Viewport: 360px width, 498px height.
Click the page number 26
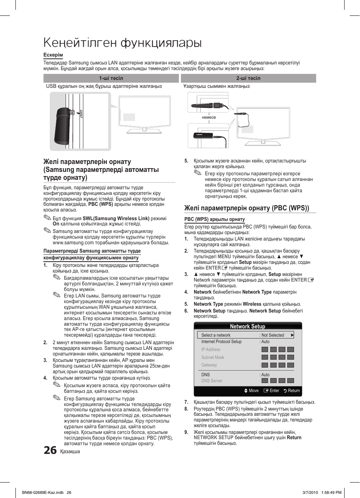(50, 450)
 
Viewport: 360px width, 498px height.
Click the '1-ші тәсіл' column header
(111, 78)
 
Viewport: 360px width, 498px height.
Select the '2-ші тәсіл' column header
(248, 78)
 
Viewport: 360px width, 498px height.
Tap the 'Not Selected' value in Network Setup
(273, 335)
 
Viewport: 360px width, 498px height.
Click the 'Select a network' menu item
(216, 335)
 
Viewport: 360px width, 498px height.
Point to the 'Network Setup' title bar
(248, 326)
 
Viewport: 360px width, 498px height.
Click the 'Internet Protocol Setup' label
(221, 342)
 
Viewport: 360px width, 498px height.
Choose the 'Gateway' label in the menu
(209, 365)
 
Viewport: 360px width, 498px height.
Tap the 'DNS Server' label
(212, 381)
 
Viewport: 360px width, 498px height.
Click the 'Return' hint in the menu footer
(292, 391)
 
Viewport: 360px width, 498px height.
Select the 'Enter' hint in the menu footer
(272, 391)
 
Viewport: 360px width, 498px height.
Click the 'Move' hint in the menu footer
(251, 391)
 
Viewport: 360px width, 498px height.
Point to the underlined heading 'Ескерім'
(53, 55)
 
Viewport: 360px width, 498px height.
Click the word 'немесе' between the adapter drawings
(209, 117)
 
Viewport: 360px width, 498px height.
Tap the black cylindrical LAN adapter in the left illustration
(63, 126)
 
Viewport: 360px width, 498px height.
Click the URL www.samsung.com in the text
(73, 243)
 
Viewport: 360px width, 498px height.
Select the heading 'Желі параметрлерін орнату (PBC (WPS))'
(247, 208)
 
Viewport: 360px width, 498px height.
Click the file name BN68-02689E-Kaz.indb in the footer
(43, 492)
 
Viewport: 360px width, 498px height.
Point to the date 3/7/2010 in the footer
(310, 492)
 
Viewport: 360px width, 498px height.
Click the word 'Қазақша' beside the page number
(70, 451)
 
